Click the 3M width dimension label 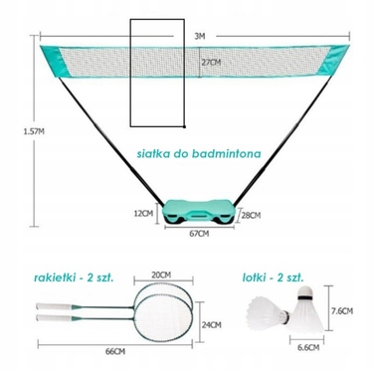200,36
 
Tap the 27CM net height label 211,63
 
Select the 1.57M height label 34,131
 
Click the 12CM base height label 143,214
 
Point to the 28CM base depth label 251,216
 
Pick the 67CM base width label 199,234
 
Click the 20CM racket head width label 161,276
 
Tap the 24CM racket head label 212,325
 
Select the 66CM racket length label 115,351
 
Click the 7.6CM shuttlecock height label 342,311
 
